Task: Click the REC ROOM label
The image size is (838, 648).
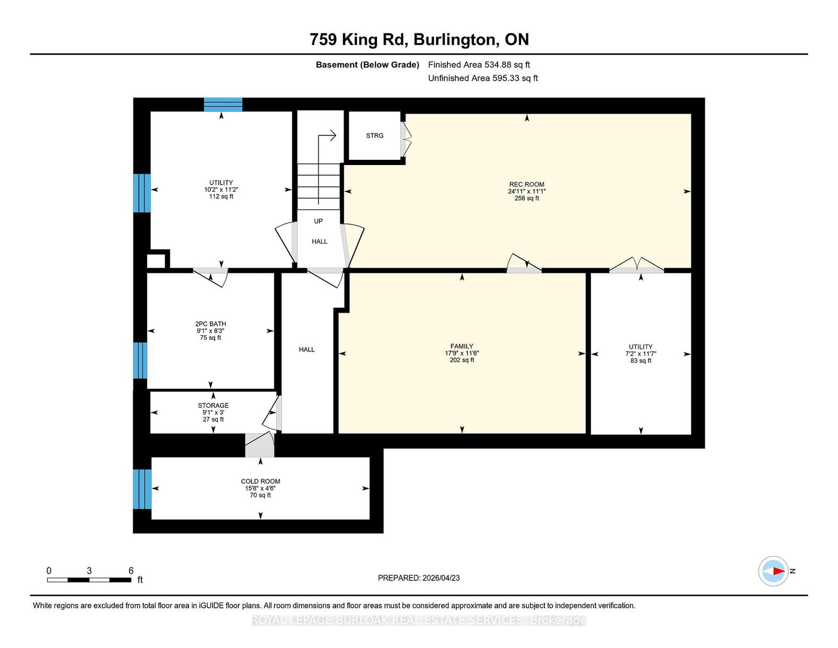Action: [x=526, y=184]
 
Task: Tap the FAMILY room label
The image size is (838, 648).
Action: [x=461, y=346]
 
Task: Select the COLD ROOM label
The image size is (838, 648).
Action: [x=260, y=481]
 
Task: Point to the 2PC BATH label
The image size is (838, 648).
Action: [x=211, y=324]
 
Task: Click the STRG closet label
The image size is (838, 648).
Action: [x=374, y=135]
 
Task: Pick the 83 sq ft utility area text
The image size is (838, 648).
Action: [x=641, y=360]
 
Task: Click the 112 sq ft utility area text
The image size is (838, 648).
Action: [x=221, y=196]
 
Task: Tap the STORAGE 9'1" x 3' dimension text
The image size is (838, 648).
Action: [x=213, y=412]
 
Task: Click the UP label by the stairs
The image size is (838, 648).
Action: [x=318, y=221]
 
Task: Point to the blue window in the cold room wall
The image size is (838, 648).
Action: [x=142, y=489]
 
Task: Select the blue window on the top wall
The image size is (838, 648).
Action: [x=223, y=105]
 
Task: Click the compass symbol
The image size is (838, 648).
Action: [x=773, y=571]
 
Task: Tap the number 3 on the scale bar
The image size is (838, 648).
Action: [x=89, y=571]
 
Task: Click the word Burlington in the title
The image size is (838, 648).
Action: [x=454, y=40]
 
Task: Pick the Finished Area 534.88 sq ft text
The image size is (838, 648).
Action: [x=479, y=65]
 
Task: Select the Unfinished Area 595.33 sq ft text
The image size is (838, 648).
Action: [x=483, y=78]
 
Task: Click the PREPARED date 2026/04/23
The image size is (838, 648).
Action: [x=441, y=578]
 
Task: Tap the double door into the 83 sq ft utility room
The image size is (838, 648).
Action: [x=636, y=266]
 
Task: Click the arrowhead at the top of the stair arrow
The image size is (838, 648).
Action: [x=333, y=135]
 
